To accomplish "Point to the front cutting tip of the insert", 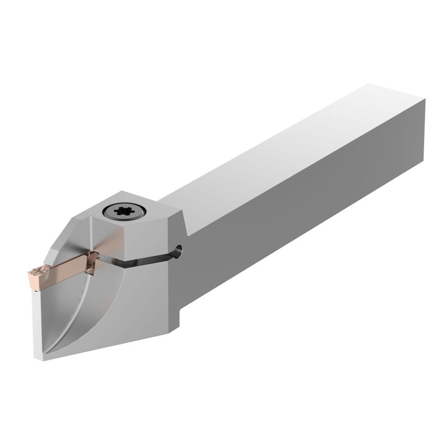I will pyautogui.click(x=30, y=273).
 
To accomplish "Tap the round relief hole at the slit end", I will pyautogui.click(x=179, y=249).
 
